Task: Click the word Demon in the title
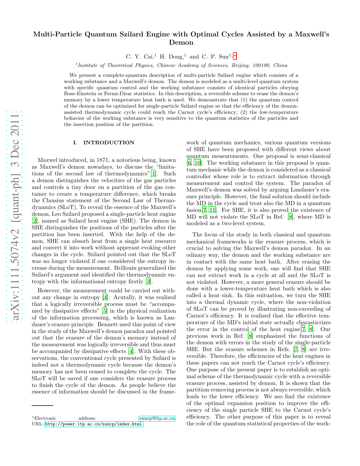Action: tap(181, 43)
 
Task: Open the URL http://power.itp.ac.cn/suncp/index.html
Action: tap(94, 424)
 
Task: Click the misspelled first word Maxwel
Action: tap(47, 160)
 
